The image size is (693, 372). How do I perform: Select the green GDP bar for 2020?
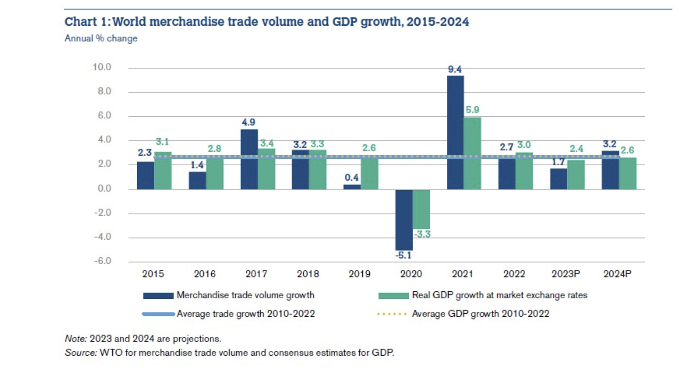tap(421, 209)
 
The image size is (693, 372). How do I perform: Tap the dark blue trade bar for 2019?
tap(352, 187)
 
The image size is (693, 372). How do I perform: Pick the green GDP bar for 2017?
tap(266, 169)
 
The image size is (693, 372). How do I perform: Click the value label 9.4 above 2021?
tap(455, 69)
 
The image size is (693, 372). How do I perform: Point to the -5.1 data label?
tap(403, 255)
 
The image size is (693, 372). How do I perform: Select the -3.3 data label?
tap(422, 234)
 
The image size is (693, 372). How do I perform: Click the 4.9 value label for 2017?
tap(248, 122)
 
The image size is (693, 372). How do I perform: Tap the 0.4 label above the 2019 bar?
tap(352, 178)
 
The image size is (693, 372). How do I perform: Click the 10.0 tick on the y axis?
tap(102, 67)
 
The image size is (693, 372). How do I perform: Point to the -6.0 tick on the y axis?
tap(102, 261)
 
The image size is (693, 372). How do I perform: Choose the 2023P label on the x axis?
tap(565, 274)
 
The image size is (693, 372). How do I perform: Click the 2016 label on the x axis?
tap(205, 274)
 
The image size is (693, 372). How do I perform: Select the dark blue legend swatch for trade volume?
tap(158, 296)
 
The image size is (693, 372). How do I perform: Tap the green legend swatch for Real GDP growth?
tap(393, 296)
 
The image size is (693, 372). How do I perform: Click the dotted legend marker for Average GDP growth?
tap(392, 314)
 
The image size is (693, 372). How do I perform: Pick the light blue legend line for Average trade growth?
tap(158, 314)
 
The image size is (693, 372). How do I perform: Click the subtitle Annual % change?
tap(101, 39)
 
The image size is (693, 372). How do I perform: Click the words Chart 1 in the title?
tap(86, 22)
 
